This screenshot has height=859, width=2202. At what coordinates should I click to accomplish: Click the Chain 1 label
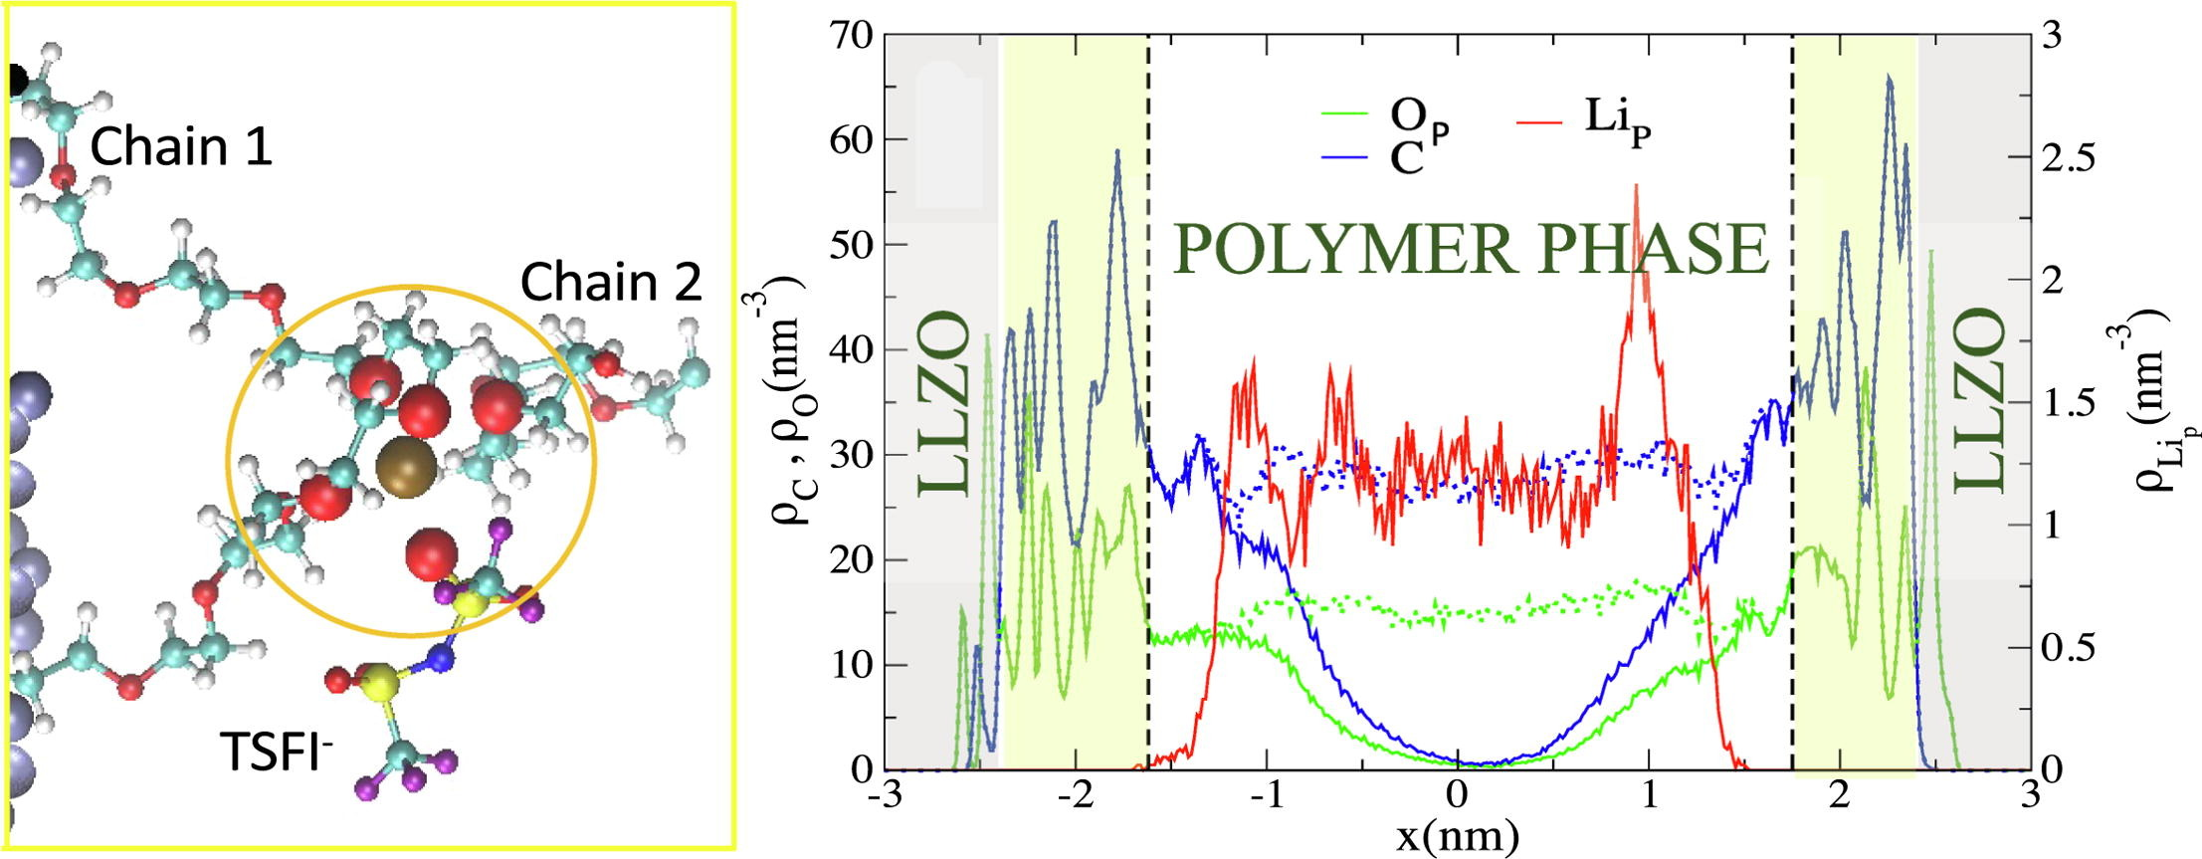[x=181, y=147]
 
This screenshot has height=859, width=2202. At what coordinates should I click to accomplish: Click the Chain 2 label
[x=611, y=283]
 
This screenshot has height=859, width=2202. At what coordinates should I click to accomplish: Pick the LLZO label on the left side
[x=942, y=403]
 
